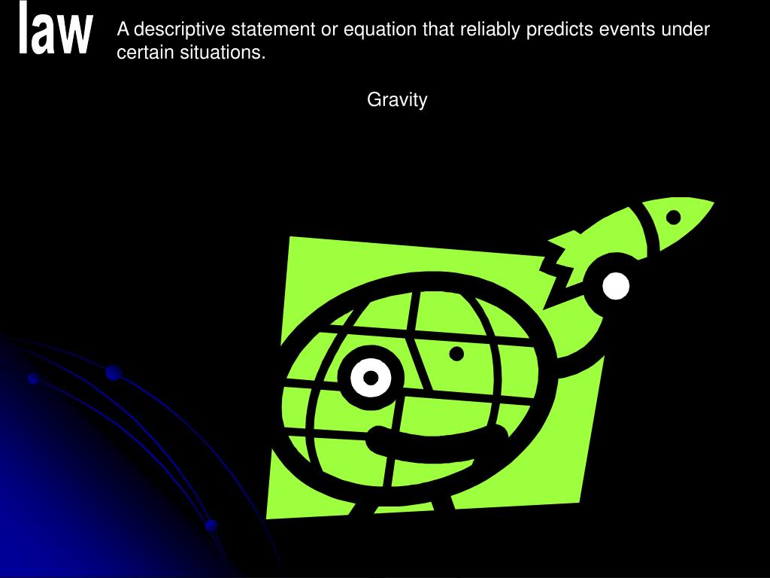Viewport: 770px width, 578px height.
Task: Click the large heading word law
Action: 55,28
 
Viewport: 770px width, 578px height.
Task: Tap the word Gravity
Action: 397,100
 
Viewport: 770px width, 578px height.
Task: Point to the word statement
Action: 273,29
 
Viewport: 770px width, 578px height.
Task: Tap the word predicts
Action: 559,30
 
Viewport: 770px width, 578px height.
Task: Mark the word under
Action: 686,29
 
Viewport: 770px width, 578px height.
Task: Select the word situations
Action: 223,52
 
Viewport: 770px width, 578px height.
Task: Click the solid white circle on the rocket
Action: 615,286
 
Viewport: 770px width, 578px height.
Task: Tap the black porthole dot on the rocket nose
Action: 673,217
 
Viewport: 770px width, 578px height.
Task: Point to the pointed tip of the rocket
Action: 714,202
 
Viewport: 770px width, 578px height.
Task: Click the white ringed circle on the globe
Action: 371,378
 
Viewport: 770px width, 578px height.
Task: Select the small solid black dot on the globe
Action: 456,354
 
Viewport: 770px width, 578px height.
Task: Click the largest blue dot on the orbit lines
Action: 114,373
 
